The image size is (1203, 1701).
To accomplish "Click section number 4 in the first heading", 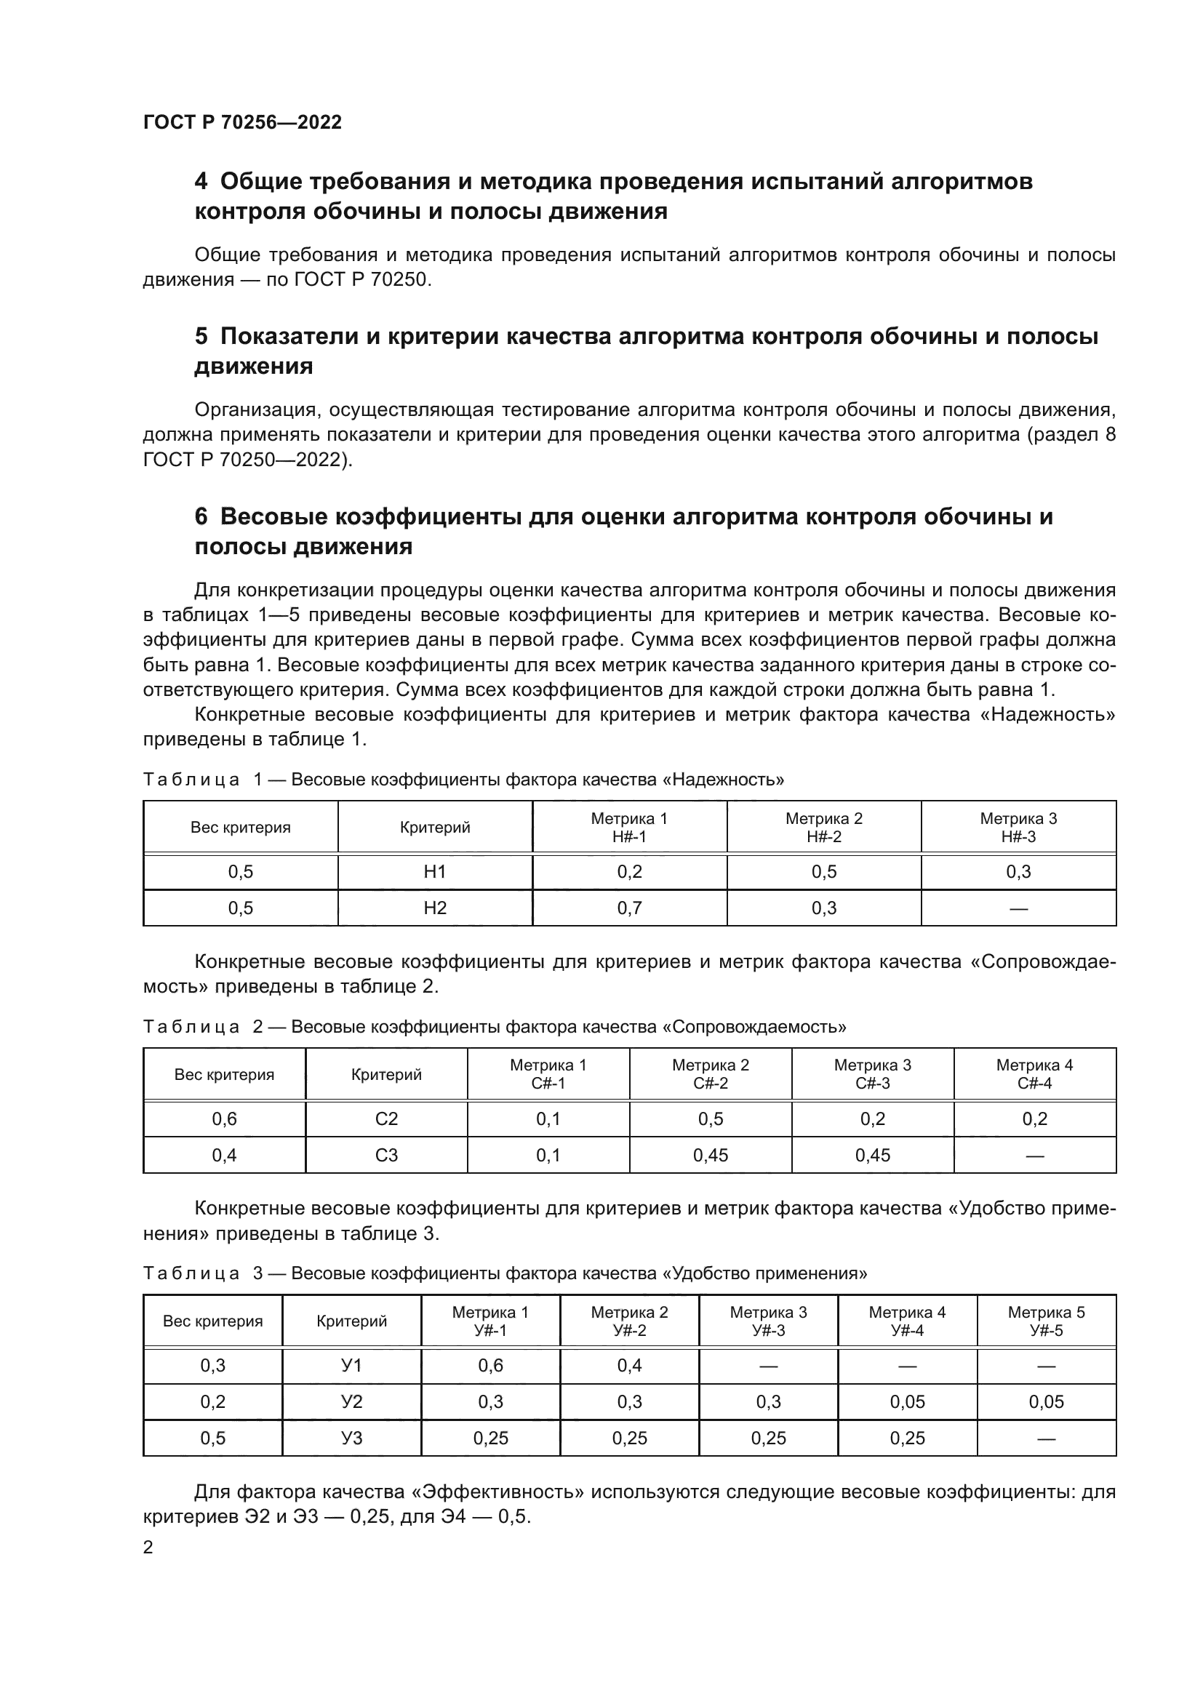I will pyautogui.click(x=201, y=182).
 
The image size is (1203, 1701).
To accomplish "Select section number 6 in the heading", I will pyautogui.click(x=201, y=516).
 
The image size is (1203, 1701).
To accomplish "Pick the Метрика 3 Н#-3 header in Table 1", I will pyautogui.click(x=1018, y=828).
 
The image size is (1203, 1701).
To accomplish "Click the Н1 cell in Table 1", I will pyautogui.click(x=435, y=872).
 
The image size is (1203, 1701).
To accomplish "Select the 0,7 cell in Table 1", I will pyautogui.click(x=629, y=908).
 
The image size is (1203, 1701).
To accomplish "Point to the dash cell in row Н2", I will pyautogui.click(x=1018, y=908).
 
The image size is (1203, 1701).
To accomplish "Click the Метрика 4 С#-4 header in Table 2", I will pyautogui.click(x=1034, y=1074).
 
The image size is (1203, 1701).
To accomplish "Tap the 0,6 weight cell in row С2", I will pyautogui.click(x=225, y=1119).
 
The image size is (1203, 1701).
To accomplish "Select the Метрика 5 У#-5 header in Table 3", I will pyautogui.click(x=1046, y=1321).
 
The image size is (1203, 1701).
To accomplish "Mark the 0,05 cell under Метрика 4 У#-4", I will pyautogui.click(x=907, y=1401).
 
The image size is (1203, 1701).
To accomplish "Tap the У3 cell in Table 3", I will pyautogui.click(x=352, y=1438).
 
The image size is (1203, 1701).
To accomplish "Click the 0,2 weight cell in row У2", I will pyautogui.click(x=212, y=1401).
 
